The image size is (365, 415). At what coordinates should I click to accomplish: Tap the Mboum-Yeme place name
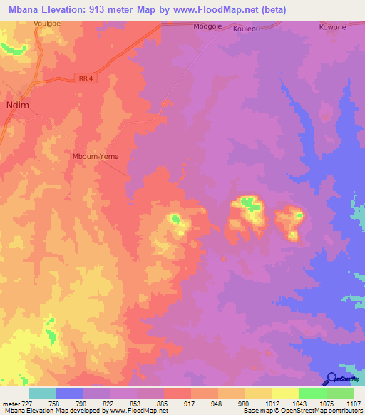tap(95, 157)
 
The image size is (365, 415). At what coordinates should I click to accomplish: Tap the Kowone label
tap(332, 26)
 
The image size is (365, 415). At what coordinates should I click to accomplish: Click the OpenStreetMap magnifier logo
tap(331, 379)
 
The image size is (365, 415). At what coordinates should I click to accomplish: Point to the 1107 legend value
tap(353, 403)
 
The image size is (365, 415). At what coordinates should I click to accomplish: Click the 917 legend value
tap(191, 403)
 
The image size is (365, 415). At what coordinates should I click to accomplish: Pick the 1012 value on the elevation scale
tap(272, 403)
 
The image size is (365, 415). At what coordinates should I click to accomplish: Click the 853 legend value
tap(137, 403)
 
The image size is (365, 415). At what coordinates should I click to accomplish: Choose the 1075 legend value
tap(326, 403)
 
